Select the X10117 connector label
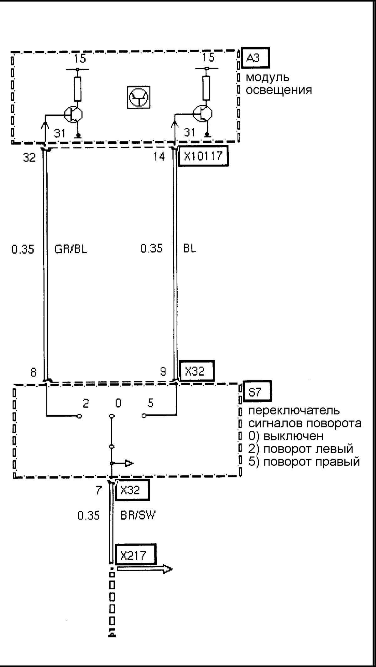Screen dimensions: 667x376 203,156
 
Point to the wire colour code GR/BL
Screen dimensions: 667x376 70,249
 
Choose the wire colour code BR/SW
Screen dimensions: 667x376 138,515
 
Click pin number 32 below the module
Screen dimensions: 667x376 29,157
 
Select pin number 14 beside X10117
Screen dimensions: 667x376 159,156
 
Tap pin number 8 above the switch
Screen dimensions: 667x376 33,372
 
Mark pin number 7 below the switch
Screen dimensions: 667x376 99,490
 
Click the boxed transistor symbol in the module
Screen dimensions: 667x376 138,97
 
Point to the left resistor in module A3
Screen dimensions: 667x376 77,89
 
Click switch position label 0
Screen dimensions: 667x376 118,403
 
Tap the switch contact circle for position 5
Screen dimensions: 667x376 144,416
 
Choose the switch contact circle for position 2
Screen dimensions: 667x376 79,416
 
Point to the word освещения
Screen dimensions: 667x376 279,90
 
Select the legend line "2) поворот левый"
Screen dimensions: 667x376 300,449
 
